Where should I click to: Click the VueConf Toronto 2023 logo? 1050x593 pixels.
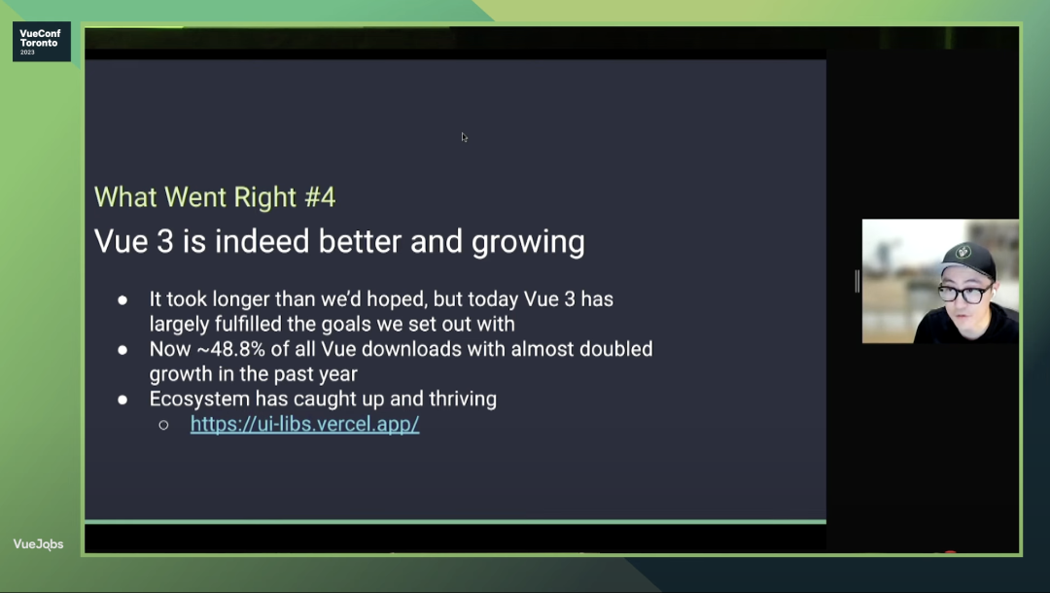(42, 42)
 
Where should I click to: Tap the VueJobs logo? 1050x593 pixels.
(38, 544)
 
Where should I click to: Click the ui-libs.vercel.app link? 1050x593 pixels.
(304, 424)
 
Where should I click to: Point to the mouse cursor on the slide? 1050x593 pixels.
(464, 137)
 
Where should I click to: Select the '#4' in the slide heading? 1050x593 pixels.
(320, 197)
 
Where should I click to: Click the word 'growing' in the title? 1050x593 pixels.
(528, 243)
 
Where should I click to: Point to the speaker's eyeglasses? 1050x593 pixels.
(965, 294)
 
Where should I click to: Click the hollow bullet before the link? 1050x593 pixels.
(163, 425)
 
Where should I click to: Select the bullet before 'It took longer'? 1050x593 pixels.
(122, 300)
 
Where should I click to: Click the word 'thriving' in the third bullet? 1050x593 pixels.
(463, 400)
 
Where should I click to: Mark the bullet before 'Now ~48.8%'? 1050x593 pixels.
(122, 350)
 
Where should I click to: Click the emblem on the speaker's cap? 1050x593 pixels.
(962, 253)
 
